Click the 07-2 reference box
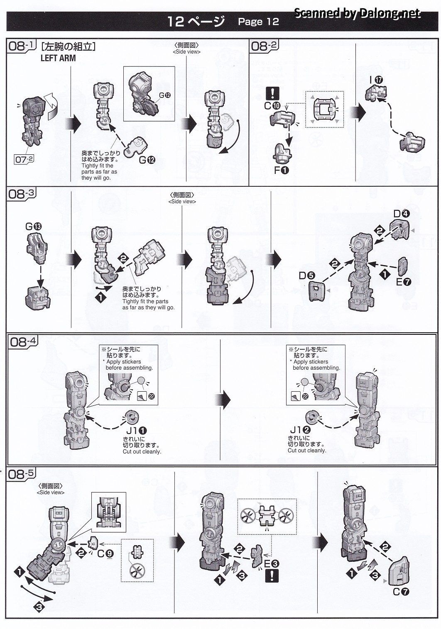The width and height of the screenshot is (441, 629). [24, 159]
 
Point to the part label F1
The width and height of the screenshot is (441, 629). [281, 170]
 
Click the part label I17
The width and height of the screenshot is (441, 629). [376, 80]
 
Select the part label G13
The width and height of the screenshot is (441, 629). [33, 227]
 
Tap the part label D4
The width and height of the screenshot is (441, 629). [402, 214]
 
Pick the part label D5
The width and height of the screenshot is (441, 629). [306, 275]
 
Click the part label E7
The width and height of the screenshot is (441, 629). [403, 282]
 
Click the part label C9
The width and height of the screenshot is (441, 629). [105, 553]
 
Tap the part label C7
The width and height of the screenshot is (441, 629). [401, 592]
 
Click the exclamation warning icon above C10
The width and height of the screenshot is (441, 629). [272, 93]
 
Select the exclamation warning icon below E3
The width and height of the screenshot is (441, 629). [272, 575]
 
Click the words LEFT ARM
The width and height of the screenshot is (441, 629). [58, 58]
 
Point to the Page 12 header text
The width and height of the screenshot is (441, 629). [258, 22]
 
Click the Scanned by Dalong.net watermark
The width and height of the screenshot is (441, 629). [357, 13]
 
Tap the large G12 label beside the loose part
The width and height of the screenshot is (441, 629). [147, 160]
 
